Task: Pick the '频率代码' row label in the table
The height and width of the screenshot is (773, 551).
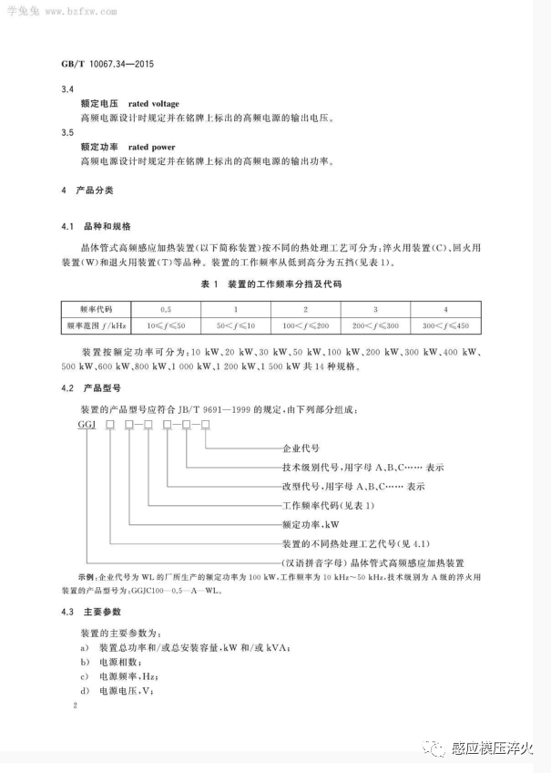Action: click(96, 310)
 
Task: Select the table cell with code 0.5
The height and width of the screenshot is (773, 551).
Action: click(166, 310)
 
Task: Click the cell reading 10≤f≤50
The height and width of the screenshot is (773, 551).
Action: click(166, 325)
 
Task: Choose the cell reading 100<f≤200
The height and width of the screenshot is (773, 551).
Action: click(306, 325)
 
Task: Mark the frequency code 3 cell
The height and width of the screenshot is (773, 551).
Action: click(376, 310)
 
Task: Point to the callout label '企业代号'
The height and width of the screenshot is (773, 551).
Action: click(301, 448)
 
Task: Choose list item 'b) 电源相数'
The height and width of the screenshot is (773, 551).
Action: click(113, 661)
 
